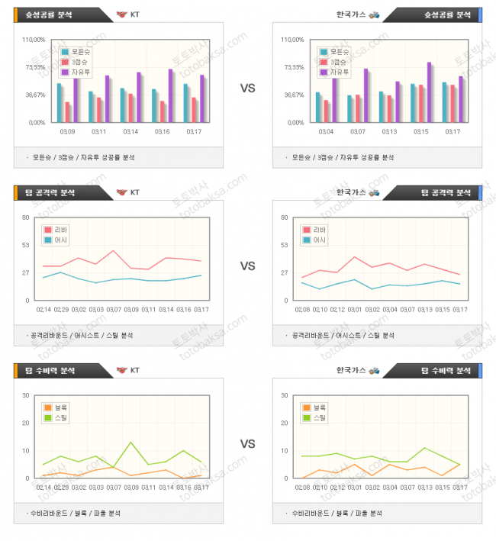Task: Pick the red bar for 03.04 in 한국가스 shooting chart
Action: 326,111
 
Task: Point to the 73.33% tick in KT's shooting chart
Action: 37,67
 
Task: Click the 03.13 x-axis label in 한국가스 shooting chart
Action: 389,131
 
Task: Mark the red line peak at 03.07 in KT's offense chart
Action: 114,250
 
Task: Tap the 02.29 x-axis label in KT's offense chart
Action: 61,309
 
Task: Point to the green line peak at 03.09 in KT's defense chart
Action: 131,443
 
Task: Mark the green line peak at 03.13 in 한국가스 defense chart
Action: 424,448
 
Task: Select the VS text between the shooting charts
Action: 247,89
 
